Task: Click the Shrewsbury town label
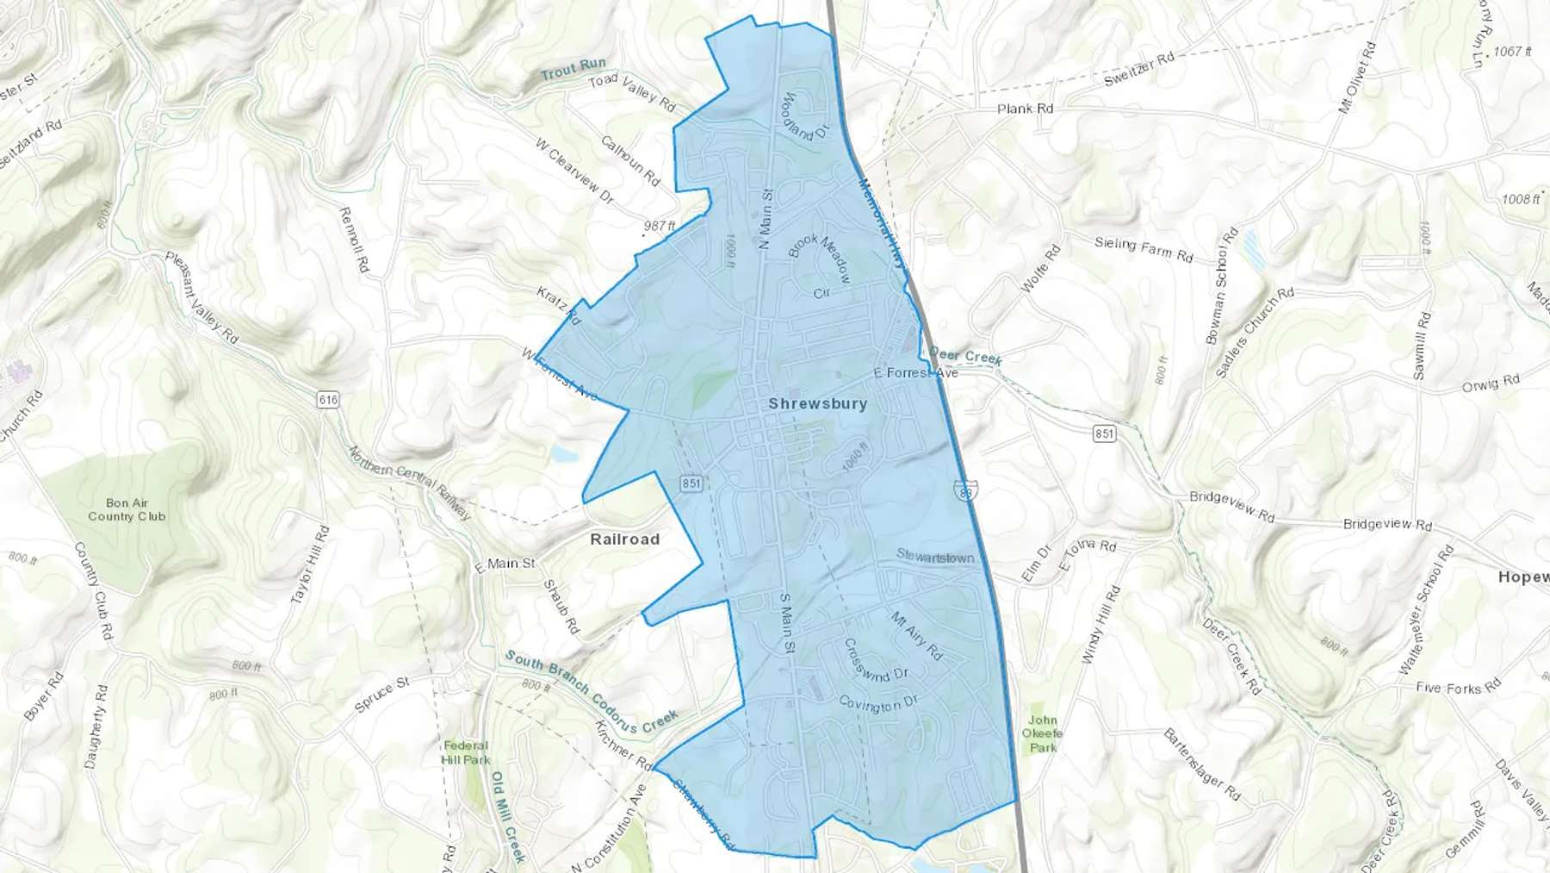pyautogui.click(x=817, y=403)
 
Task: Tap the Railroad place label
pyautogui.click(x=624, y=539)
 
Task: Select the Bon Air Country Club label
pyautogui.click(x=127, y=509)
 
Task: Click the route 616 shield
pyautogui.click(x=327, y=400)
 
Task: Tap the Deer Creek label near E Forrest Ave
pyautogui.click(x=964, y=356)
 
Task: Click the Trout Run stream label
pyautogui.click(x=573, y=69)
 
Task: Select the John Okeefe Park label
pyautogui.click(x=1043, y=734)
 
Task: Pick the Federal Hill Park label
pyautogui.click(x=465, y=752)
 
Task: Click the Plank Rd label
pyautogui.click(x=1025, y=109)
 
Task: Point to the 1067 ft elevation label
pyautogui.click(x=1512, y=52)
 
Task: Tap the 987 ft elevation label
pyautogui.click(x=660, y=226)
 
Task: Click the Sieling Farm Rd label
pyautogui.click(x=1144, y=249)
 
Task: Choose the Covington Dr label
pyautogui.click(x=878, y=704)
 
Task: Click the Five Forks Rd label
pyautogui.click(x=1458, y=688)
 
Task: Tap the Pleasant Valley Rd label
pyautogui.click(x=201, y=296)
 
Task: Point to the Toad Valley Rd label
pyautogui.click(x=632, y=92)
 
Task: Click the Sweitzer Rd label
pyautogui.click(x=1138, y=69)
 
